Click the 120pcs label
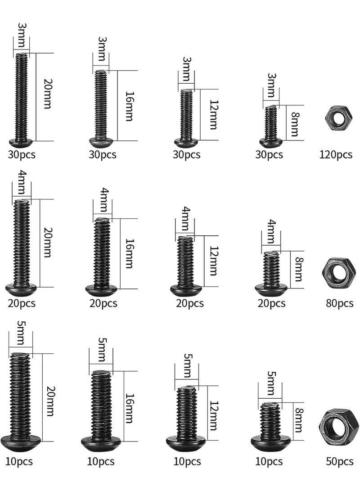pos(336,154)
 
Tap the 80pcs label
pos(339,303)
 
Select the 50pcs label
pos(339,461)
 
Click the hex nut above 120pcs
pos(338,118)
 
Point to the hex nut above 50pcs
pos(339,426)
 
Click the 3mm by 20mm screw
pos(21,100)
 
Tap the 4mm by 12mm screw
pos(186,266)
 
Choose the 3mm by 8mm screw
pos(271,126)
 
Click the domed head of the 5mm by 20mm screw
pos(21,443)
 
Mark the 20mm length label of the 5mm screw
pos(50,401)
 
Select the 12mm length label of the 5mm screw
pos(213,415)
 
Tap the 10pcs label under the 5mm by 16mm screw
pos(100,461)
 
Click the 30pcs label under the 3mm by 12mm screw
pos(187,154)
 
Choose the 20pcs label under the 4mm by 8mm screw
pos(271,303)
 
